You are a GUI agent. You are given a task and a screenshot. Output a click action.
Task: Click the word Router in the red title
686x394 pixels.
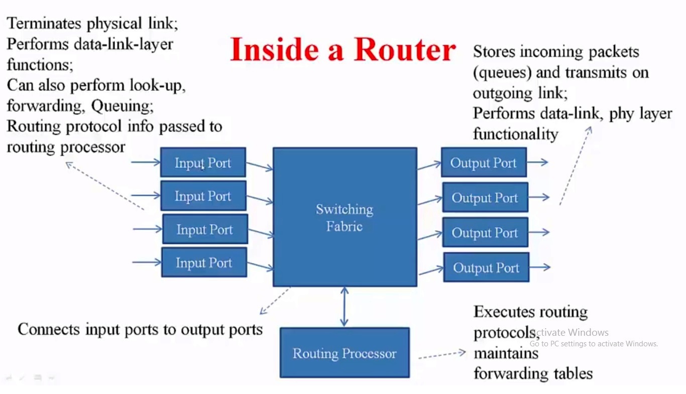(x=405, y=50)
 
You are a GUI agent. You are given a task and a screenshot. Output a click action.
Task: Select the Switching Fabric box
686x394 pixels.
(x=345, y=217)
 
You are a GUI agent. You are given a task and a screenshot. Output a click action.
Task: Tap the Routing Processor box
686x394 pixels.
(x=345, y=353)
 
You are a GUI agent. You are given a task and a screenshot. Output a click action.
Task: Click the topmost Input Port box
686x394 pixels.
(x=203, y=162)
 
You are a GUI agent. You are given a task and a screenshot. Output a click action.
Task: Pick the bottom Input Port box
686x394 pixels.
(x=204, y=262)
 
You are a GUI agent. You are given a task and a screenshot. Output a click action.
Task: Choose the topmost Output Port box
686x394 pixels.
(x=484, y=162)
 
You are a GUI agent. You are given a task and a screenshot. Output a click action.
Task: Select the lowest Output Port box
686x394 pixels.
(x=486, y=267)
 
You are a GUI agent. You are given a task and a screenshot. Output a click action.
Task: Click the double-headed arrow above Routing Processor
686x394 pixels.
(x=344, y=307)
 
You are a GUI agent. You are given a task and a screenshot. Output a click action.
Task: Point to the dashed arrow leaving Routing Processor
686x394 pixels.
(x=442, y=355)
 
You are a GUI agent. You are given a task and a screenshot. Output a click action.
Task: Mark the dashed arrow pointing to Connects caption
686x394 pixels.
(x=275, y=301)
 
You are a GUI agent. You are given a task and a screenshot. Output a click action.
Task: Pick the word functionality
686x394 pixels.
(x=515, y=134)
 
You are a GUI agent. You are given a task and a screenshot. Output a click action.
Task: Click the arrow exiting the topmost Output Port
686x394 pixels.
(x=537, y=162)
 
